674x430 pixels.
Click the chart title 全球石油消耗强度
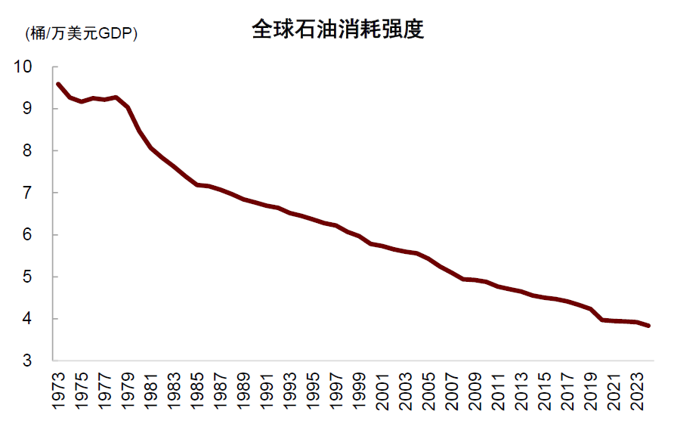coord(337,29)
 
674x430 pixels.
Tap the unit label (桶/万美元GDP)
coord(82,33)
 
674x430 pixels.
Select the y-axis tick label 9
coord(28,109)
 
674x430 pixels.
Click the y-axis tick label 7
coord(28,193)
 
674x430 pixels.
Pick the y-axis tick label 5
coord(28,277)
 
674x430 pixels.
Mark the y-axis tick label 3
coord(28,361)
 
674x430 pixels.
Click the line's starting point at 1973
coord(58,84)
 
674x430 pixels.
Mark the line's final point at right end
coord(649,326)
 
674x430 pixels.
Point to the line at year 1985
coord(197,184)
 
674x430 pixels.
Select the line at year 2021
coord(614,321)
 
